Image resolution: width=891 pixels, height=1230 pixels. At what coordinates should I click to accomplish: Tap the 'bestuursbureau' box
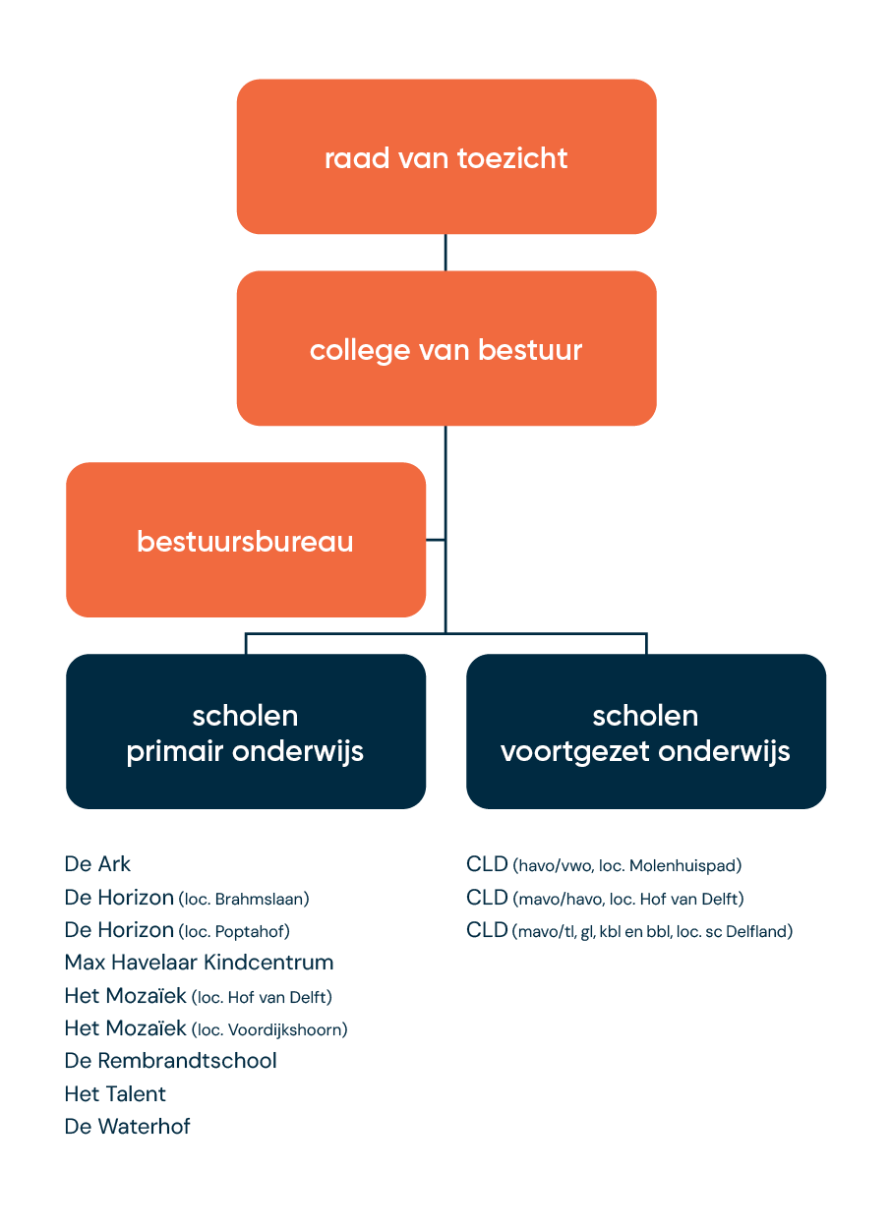coord(246,540)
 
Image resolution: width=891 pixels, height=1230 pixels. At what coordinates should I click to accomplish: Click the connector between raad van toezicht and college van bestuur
coord(445,252)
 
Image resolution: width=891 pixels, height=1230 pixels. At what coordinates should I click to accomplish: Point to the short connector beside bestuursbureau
coord(436,540)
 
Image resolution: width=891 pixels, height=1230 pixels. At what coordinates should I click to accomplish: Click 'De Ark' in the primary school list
coord(97,864)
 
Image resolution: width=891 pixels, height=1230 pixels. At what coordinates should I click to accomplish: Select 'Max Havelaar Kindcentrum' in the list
coord(199,962)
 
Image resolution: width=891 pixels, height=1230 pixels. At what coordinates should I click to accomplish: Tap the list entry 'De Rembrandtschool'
coord(170,1060)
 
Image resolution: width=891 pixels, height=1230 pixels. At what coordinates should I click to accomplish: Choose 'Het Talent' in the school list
coord(115,1093)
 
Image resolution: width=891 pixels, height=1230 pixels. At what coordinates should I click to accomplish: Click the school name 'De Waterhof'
coord(127,1127)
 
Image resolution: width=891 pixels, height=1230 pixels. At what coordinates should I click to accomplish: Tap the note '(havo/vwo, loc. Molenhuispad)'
coord(627,866)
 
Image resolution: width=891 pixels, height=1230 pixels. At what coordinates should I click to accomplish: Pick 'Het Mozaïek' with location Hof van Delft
coord(125,996)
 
